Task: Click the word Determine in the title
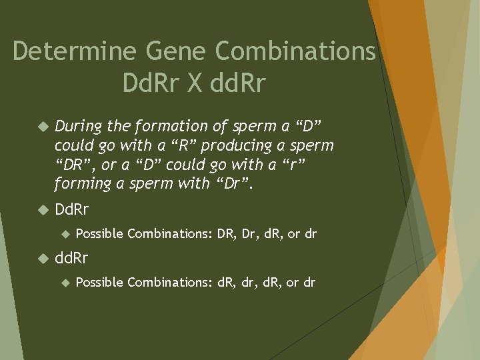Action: (67, 51)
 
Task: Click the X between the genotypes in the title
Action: (195, 83)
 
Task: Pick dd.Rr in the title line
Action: (237, 83)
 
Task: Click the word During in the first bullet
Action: (75, 126)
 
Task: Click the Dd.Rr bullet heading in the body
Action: (72, 210)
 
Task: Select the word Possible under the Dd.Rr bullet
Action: (99, 233)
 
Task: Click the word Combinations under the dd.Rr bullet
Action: (169, 282)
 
